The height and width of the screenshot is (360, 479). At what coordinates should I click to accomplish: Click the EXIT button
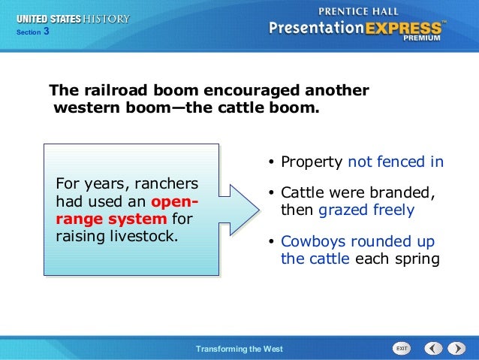tap(402, 349)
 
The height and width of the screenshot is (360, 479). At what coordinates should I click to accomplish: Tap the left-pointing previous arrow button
tap(433, 349)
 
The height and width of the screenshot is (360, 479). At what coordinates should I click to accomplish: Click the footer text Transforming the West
tap(239, 349)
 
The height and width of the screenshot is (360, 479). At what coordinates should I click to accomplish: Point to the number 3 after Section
tap(46, 32)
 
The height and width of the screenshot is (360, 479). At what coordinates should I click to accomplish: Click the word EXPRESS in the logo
tap(403, 29)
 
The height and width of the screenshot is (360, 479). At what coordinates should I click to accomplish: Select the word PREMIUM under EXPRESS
tap(422, 38)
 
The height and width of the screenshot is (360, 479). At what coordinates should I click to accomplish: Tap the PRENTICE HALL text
tap(358, 11)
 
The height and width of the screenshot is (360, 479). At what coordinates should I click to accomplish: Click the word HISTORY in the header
tap(107, 19)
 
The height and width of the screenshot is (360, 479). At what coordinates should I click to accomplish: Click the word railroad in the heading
tap(116, 90)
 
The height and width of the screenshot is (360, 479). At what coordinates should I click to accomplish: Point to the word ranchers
tap(167, 184)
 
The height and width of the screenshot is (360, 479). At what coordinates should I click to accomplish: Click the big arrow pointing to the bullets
tap(239, 210)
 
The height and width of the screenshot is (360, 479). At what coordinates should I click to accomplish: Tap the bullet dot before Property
tap(271, 162)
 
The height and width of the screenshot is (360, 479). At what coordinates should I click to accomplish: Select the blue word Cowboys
tap(313, 242)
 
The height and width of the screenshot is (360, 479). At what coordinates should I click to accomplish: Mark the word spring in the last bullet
tap(417, 259)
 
